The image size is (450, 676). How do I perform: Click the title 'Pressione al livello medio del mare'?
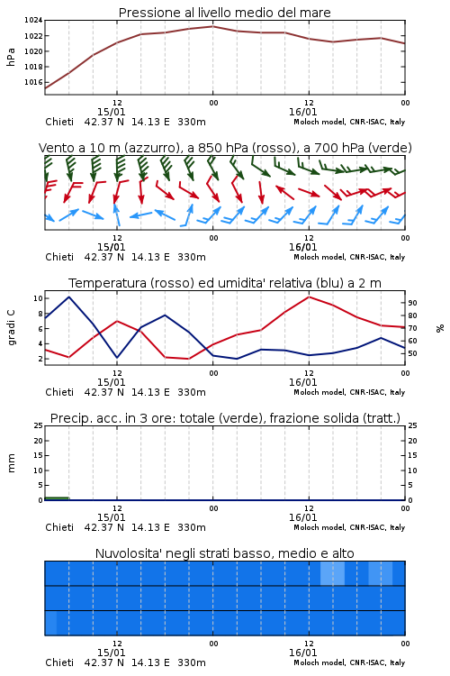point(224,13)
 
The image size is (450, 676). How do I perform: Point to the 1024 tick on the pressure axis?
point(33,20)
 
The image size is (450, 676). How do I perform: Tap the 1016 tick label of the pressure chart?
point(33,82)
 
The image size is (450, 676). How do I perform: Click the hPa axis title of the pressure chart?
point(11,57)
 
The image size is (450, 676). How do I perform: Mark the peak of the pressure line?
point(212,26)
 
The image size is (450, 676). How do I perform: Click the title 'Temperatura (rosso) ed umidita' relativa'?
point(190,283)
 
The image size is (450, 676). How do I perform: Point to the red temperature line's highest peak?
point(309,297)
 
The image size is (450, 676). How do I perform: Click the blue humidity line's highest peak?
point(69,297)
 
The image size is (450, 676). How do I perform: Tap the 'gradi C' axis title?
point(11,327)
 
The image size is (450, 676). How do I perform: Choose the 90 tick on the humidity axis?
point(412,303)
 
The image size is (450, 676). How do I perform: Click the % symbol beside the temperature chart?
point(440,328)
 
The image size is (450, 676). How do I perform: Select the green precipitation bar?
point(57,498)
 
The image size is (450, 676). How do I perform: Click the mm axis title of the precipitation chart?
point(11,462)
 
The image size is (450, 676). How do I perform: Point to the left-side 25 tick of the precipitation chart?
point(39,425)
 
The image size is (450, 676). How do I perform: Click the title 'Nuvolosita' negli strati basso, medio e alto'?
point(224,553)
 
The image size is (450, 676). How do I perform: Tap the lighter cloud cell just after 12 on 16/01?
point(332,573)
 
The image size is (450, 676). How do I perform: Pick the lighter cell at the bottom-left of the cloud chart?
point(50,623)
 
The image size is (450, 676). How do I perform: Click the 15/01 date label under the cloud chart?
point(111,653)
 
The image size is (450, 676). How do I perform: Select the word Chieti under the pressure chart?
point(59,122)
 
